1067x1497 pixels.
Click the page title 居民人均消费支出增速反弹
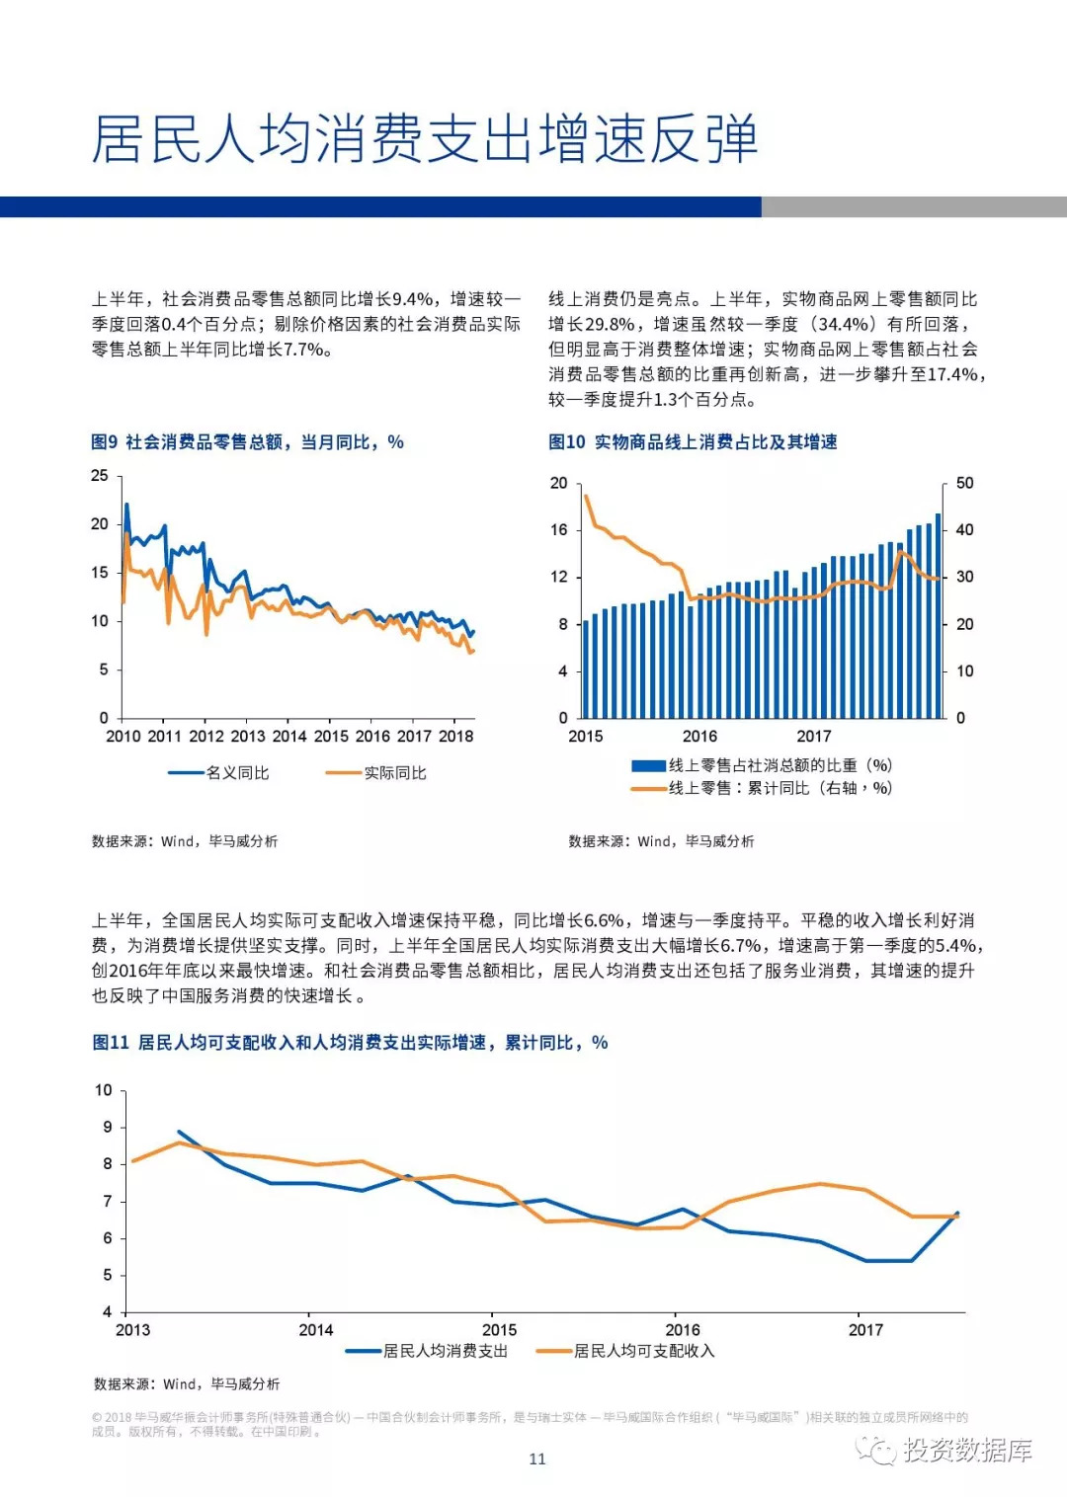425,139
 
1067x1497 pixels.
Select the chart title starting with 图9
247,442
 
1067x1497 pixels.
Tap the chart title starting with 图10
693,442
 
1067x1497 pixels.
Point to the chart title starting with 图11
350,1043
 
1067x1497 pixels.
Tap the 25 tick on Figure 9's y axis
100,476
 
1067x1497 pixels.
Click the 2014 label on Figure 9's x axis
289,737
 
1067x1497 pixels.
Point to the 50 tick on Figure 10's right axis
964,484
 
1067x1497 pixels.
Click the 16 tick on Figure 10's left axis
559,530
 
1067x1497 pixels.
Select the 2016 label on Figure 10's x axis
699,737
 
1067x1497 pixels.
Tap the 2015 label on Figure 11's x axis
499,1330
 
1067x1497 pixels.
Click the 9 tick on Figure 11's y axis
108,1128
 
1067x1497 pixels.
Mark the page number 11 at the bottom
537,1459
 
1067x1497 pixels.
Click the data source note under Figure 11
187,1384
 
